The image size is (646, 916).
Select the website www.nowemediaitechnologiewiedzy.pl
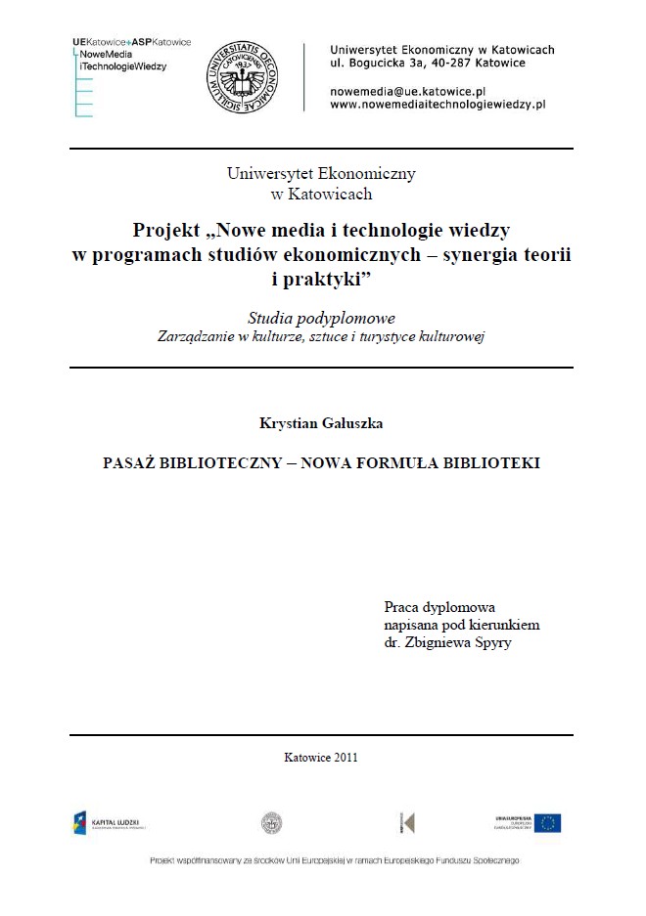tap(438, 103)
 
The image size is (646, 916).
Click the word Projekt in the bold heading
tap(166, 231)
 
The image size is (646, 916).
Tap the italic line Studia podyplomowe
tap(321, 319)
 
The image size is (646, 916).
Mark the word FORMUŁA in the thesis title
tap(408, 462)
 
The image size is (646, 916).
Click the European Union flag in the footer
tap(547, 823)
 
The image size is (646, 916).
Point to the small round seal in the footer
tap(271, 823)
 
